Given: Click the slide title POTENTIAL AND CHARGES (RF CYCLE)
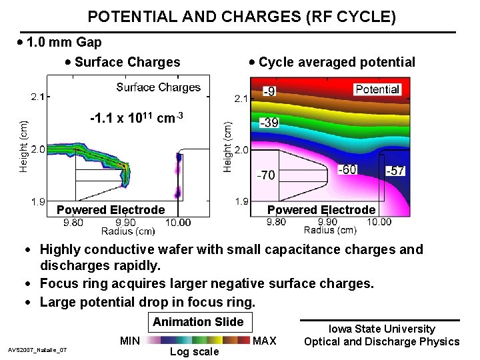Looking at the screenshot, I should point(241,17).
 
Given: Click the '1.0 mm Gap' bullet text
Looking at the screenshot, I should point(64,43).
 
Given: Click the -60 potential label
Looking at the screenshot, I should point(349,169).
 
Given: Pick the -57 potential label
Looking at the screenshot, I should point(395,171).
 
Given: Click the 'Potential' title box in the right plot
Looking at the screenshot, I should point(377,89).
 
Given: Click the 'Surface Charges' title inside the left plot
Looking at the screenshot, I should point(158,87).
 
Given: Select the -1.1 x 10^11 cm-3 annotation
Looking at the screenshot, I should point(136,118).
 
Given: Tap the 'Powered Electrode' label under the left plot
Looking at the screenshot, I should point(111,210).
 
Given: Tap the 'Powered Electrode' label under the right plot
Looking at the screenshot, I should point(321,210).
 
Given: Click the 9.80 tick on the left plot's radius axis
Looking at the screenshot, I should point(74,223).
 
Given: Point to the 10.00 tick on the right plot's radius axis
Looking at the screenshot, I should point(379,222).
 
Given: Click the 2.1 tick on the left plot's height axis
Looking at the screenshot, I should point(38,97).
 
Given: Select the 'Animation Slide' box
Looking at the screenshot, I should point(198,322).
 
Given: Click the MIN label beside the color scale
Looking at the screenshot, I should point(129,341).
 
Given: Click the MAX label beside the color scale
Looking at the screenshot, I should point(265,341).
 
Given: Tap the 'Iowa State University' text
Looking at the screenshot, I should point(381,329).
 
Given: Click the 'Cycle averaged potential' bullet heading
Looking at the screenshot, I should point(337,63).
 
